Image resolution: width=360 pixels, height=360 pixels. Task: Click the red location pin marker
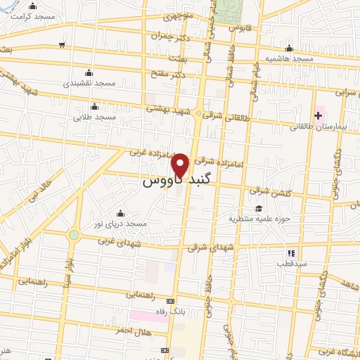(x=181, y=166)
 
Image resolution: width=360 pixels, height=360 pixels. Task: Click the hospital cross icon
(x=319, y=114)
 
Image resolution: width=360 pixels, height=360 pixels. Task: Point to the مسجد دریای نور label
(x=122, y=224)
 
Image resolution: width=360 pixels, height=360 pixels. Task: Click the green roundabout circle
(x=74, y=235)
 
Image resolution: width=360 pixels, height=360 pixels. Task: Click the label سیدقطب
(x=289, y=264)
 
